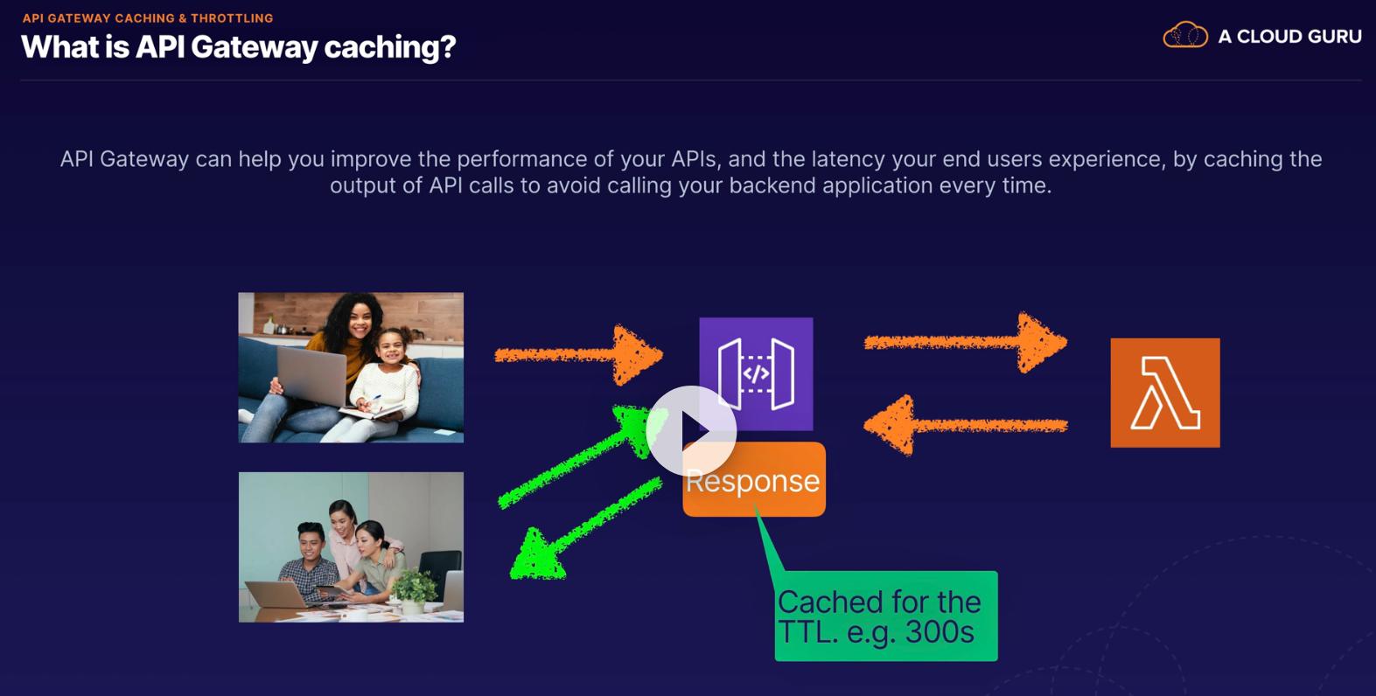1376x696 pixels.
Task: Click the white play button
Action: [x=691, y=431]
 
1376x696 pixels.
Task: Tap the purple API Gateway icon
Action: [x=756, y=373]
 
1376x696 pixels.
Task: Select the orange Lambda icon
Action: [x=1165, y=393]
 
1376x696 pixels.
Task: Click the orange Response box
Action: [x=754, y=479]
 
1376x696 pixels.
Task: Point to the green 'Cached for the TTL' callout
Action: [x=886, y=616]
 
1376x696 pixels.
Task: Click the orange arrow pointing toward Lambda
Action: [x=966, y=342]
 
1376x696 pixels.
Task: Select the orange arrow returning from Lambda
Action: [x=966, y=425]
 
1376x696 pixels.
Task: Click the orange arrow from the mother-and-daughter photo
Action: [x=579, y=355]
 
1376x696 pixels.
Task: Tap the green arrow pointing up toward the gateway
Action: [x=577, y=457]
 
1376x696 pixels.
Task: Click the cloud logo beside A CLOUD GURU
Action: [x=1185, y=35]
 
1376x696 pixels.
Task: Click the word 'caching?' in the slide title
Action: [x=390, y=47]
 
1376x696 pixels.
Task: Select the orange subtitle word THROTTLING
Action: [x=232, y=18]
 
